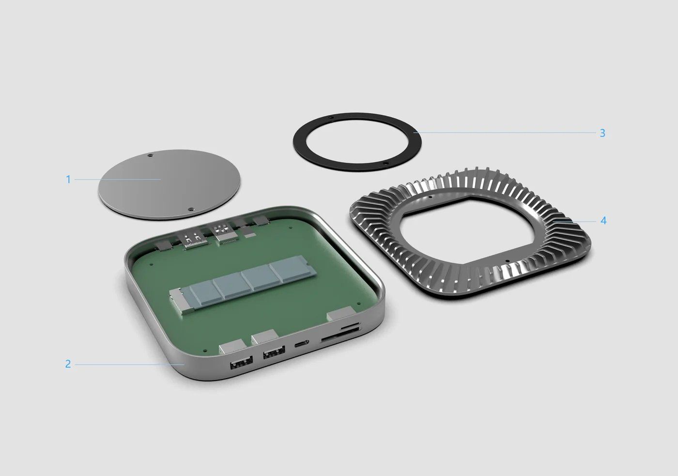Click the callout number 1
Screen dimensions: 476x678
[68, 179]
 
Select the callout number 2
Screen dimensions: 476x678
[68, 364]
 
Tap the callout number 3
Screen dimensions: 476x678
[602, 133]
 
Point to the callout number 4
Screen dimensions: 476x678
[603, 221]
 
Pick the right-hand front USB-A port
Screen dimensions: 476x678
[274, 354]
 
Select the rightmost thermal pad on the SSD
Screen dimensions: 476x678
[293, 271]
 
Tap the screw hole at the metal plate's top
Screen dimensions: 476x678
[150, 156]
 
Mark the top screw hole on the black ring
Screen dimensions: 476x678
[330, 118]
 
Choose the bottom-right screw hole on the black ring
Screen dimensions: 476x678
[385, 164]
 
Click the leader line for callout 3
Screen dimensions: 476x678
[504, 132]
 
